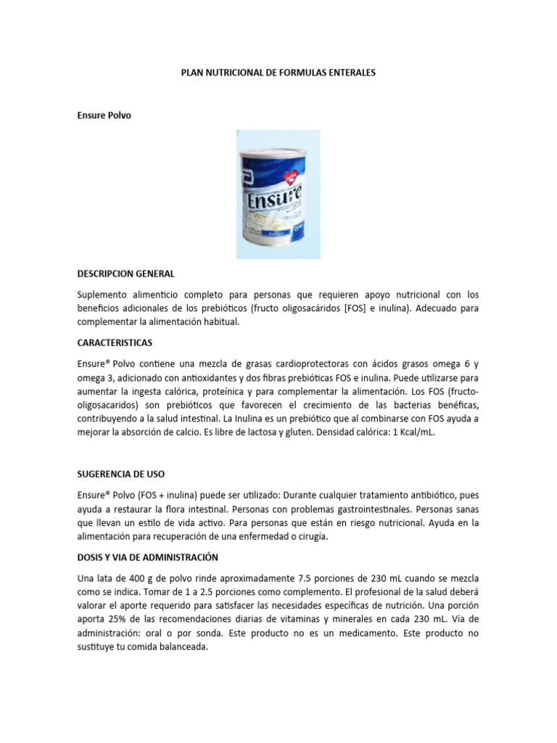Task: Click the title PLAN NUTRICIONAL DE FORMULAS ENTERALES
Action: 278,73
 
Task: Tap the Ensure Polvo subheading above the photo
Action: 104,115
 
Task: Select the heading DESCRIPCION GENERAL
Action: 125,274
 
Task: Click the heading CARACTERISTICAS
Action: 115,342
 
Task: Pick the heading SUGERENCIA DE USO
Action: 121,474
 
